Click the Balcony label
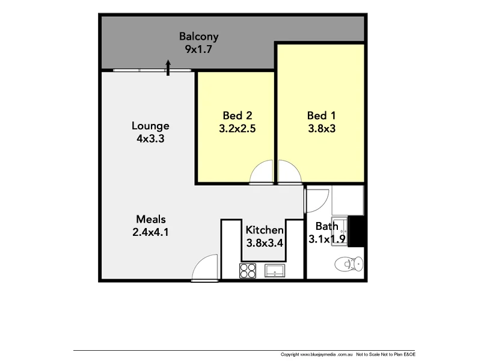[x=198, y=36]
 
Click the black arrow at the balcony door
[x=168, y=67]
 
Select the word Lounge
[x=150, y=126]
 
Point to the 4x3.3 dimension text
[x=150, y=138]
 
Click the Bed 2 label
[x=233, y=116]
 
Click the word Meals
[x=150, y=219]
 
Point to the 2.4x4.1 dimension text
[x=150, y=231]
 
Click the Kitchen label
[x=265, y=230]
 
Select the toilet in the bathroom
[x=349, y=264]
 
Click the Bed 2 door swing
[x=262, y=173]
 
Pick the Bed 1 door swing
[x=289, y=173]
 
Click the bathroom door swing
[x=316, y=199]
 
